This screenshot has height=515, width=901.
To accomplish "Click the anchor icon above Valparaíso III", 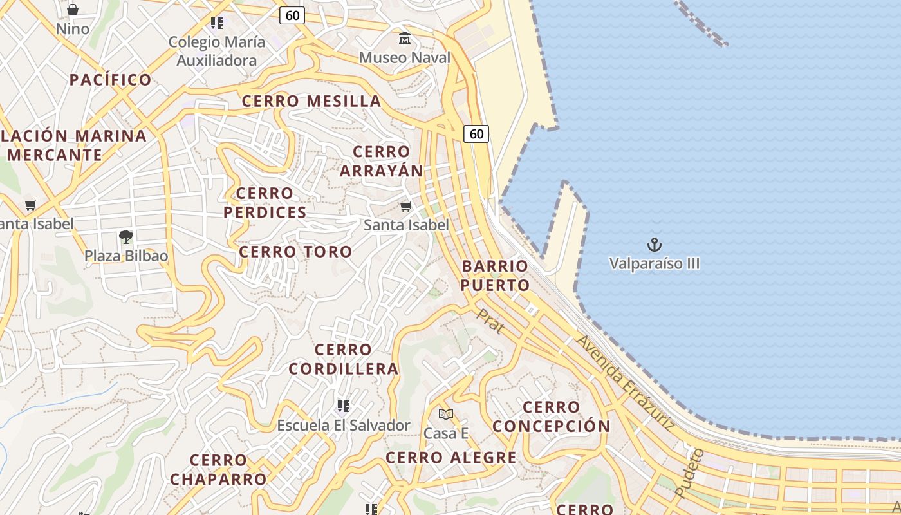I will click(x=654, y=245).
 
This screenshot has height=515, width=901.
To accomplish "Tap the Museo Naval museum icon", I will click(x=405, y=39).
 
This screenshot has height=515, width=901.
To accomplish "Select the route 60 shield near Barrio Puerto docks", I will click(x=476, y=134).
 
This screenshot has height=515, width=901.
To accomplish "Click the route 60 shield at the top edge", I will click(x=292, y=15).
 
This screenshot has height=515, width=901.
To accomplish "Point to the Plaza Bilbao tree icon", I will click(x=126, y=237).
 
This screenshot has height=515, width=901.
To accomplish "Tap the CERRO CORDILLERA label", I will click(x=343, y=359).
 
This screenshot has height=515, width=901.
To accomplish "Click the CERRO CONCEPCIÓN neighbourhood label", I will click(x=551, y=417).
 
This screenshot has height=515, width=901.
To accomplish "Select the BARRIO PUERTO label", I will click(x=496, y=276).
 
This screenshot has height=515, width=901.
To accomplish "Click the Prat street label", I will click(x=490, y=321).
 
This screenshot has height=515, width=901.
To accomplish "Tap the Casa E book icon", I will click(x=445, y=414).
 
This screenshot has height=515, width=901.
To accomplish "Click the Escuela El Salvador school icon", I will click(x=343, y=406).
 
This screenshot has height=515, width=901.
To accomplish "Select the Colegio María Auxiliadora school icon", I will click(x=217, y=24).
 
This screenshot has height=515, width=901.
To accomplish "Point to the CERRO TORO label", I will click(x=295, y=252).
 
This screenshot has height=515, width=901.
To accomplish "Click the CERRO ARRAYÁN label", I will click(x=381, y=162).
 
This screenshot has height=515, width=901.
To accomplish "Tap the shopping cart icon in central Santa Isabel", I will click(x=405, y=206).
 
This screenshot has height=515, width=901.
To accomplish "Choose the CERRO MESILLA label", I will click(x=311, y=101).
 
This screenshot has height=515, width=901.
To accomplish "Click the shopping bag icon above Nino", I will click(x=73, y=10).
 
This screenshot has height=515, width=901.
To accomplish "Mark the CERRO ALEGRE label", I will click(x=450, y=458).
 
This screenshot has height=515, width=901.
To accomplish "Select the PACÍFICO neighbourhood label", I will click(x=110, y=80).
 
